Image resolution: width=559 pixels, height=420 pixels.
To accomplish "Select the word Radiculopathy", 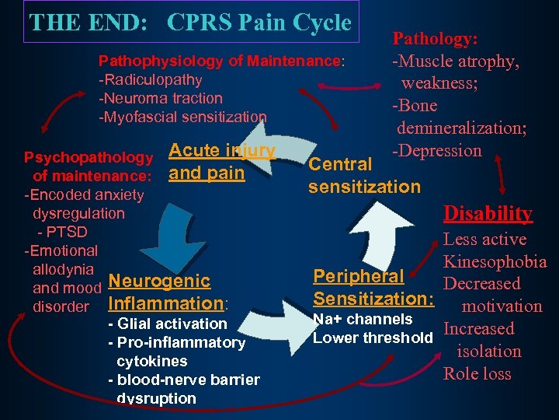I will click(x=151, y=79).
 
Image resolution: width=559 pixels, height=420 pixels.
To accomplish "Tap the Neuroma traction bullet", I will click(x=161, y=98).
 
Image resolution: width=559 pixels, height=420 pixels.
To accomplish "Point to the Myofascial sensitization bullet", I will click(x=182, y=117).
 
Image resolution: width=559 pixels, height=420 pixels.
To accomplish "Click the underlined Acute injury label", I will click(x=222, y=150).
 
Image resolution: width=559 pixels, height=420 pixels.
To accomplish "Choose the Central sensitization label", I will click(x=364, y=175).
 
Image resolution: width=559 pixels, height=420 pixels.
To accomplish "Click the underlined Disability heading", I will click(x=488, y=213).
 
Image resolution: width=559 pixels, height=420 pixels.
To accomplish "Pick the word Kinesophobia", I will click(x=495, y=261).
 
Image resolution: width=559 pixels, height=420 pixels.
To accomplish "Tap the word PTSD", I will click(x=66, y=232).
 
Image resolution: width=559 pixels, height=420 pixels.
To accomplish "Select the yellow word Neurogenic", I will click(x=160, y=281).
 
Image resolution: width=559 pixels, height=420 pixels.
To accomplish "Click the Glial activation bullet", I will click(x=168, y=324).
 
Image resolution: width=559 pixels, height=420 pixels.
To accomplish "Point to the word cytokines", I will click(x=151, y=361).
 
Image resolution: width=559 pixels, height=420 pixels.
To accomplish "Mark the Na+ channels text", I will click(x=362, y=319).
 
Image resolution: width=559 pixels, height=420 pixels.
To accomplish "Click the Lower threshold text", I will click(x=372, y=337).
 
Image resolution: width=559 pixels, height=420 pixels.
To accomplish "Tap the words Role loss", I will click(x=477, y=373).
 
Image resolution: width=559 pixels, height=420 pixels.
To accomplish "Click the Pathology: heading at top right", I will click(x=435, y=37).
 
